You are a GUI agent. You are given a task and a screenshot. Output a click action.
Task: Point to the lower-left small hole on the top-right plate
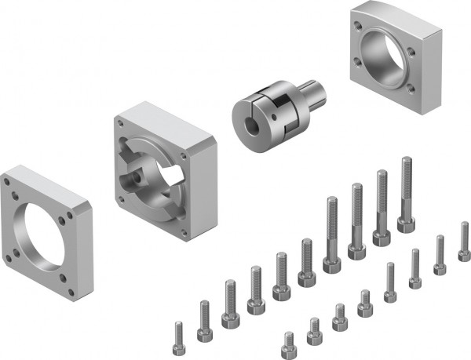coord(361,75)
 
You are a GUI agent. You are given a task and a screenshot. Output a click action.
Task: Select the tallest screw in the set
coord(406,195)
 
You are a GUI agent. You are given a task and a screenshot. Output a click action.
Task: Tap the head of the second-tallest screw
coord(382,236)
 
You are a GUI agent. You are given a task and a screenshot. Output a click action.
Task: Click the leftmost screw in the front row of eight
coord(289,342)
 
